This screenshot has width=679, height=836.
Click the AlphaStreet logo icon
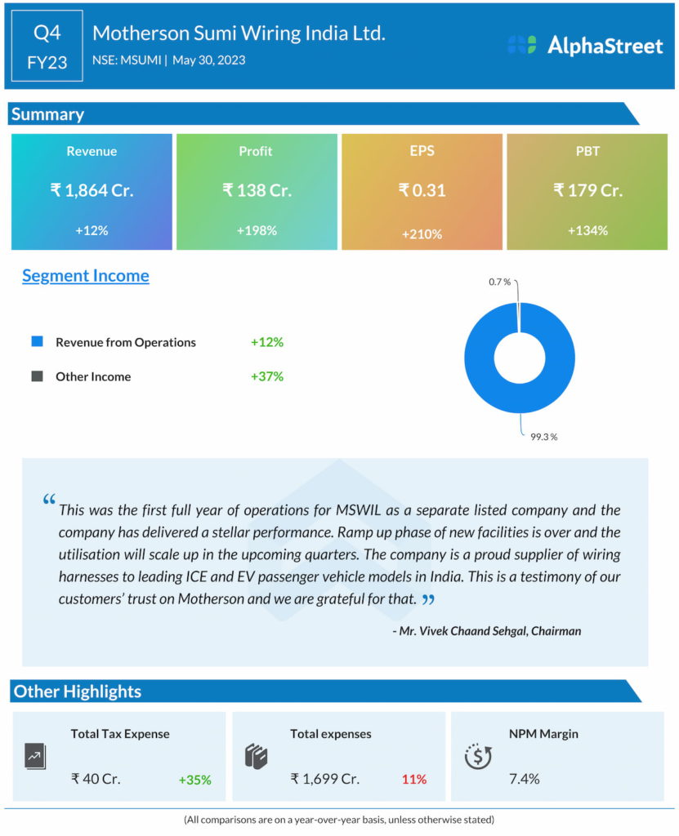(521, 45)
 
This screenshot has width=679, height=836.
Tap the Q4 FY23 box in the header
(47, 46)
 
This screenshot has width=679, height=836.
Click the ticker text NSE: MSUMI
(127, 60)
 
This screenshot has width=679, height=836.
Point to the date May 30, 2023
(209, 60)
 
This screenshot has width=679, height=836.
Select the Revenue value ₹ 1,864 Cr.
(92, 190)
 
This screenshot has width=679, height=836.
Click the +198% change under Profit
(257, 230)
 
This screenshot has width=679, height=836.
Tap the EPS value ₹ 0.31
(422, 190)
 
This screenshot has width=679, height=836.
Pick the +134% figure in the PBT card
(587, 230)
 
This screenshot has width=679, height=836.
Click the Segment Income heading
(86, 275)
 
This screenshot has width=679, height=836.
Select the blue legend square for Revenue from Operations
(37, 341)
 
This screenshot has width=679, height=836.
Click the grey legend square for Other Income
(37, 376)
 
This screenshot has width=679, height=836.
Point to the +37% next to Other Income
(267, 376)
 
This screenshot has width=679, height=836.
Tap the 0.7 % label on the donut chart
(499, 282)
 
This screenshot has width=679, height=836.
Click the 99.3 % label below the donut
(543, 437)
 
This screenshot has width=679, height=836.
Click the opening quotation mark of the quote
(49, 500)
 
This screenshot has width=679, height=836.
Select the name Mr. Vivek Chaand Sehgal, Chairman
(487, 630)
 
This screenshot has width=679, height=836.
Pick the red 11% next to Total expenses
(413, 779)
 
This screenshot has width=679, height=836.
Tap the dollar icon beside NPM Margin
(477, 756)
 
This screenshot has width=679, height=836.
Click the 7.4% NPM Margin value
(524, 778)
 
